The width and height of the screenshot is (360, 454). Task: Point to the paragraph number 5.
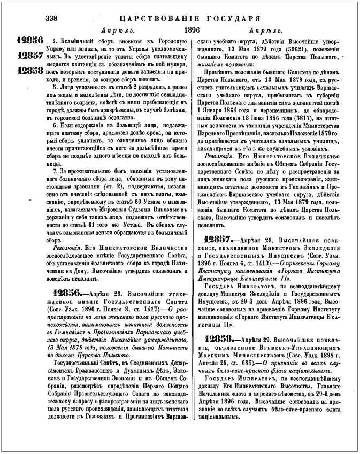pyautogui.click(x=54, y=84)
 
